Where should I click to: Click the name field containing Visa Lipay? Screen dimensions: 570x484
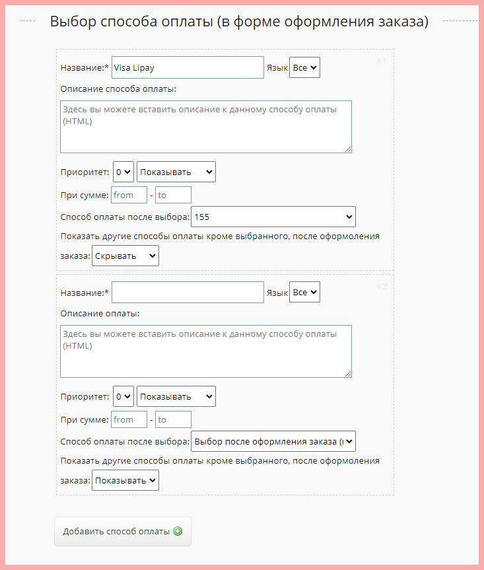pos(188,67)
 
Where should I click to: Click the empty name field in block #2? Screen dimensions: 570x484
pos(188,292)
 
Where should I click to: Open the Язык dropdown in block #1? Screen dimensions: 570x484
pos(304,67)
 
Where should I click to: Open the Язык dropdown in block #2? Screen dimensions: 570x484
pos(304,292)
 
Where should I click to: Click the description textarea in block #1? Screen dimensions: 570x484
pos(205,126)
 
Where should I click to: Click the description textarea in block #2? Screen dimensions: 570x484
pos(205,351)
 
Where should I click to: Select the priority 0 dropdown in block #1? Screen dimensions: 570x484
pos(123,172)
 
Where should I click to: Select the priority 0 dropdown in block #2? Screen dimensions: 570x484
pos(123,396)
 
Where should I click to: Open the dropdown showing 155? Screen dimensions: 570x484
pos(273,217)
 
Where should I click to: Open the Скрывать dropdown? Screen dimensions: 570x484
pos(125,256)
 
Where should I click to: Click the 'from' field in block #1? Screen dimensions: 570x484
pos(129,195)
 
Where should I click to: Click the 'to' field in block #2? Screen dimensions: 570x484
pos(173,419)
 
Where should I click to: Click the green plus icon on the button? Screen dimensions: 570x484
pos(177,532)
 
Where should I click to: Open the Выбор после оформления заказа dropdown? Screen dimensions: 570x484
pos(273,441)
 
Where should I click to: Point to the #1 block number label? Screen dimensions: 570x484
pos(381,61)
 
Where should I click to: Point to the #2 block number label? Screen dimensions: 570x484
pos(381,286)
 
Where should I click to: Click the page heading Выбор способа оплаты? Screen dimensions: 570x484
pos(239,22)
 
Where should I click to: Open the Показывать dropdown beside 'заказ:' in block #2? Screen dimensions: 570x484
pos(125,480)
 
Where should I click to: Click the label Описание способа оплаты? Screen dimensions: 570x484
pos(118,89)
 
